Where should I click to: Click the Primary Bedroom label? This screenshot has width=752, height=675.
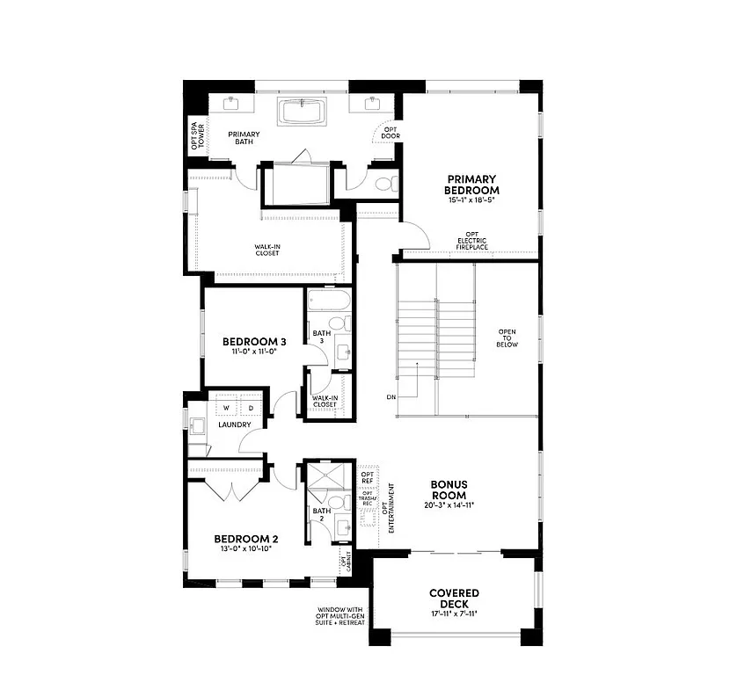coord(471,185)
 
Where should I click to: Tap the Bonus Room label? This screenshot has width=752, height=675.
coord(449,490)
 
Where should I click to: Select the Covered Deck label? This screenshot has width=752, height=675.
coord(454,598)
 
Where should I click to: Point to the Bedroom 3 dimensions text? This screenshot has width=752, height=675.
coord(253,352)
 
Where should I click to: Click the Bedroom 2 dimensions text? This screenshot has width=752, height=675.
coord(245,548)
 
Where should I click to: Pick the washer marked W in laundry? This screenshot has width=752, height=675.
coord(225,408)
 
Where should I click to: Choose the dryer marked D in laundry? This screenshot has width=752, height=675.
coord(251,408)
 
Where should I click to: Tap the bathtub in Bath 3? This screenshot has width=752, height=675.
coord(329,303)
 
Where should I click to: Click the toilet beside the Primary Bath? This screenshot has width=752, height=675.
coord(382,184)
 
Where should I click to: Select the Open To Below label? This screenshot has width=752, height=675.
coord(507,338)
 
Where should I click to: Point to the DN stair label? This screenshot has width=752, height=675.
coord(391,397)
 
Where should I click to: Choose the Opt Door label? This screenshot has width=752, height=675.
coord(390,133)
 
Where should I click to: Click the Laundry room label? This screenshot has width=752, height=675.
coord(235,425)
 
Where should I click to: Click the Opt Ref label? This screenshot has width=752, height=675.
coord(368,478)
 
